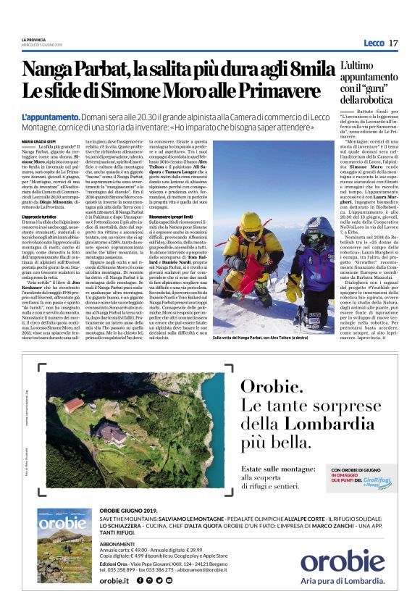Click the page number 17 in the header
[x=393, y=43]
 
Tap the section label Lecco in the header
[x=374, y=43]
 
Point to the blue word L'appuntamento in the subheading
[x=46, y=117]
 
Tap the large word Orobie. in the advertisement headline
[x=271, y=388]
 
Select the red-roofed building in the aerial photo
[x=74, y=405]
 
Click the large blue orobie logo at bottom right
[x=342, y=562]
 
